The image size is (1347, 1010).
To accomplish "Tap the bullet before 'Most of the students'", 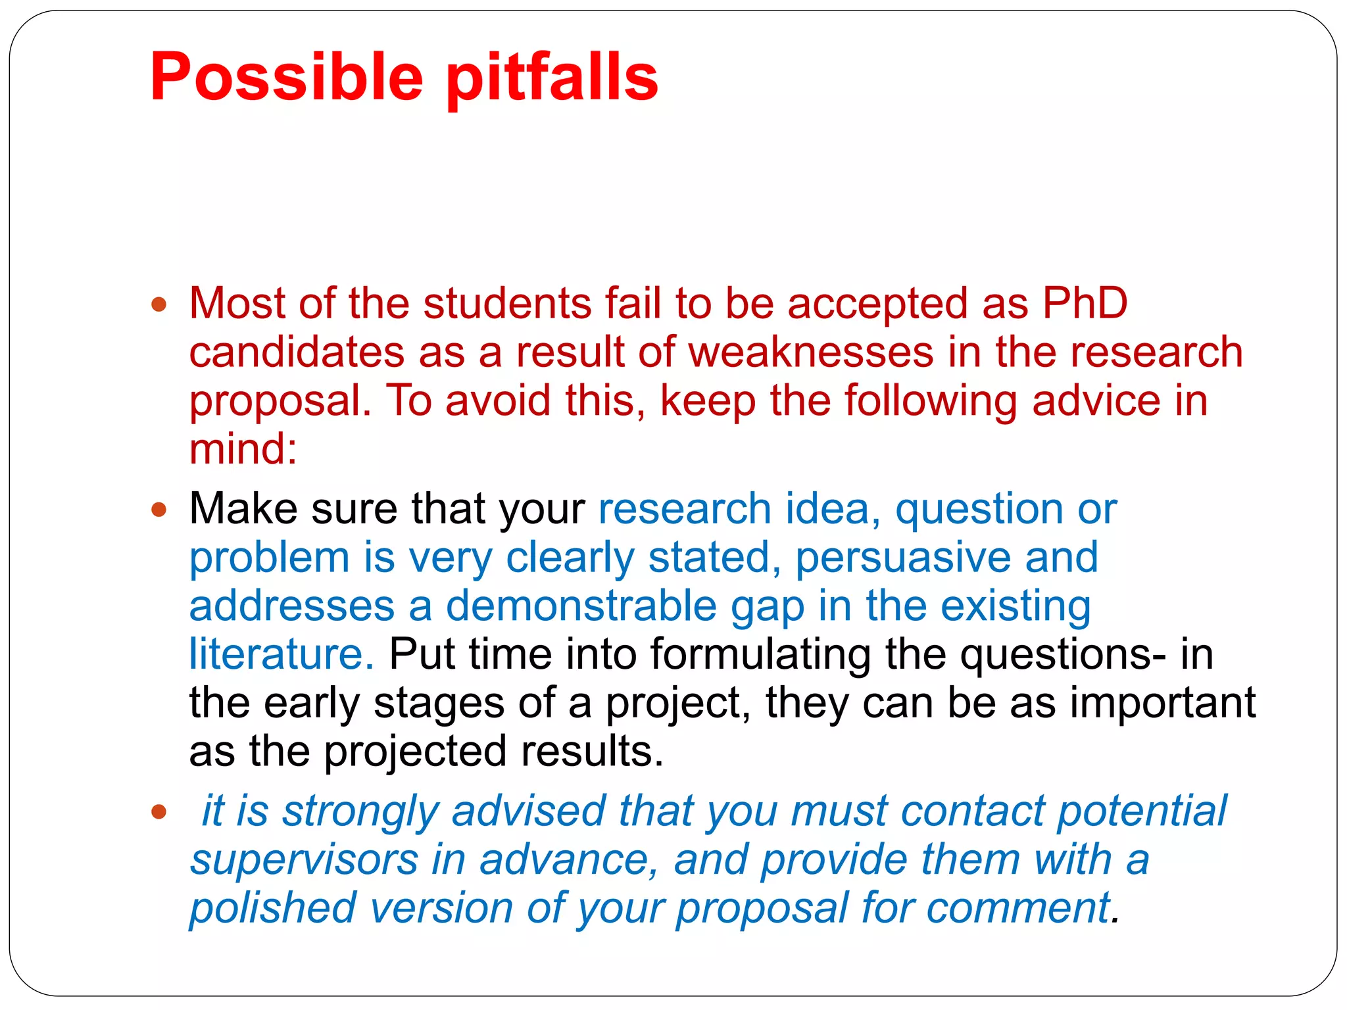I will (159, 304).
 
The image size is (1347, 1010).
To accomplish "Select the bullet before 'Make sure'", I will (159, 510).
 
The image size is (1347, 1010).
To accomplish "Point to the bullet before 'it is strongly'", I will (159, 811).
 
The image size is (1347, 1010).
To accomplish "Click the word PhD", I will (1085, 303).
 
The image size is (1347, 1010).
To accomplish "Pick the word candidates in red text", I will (297, 352).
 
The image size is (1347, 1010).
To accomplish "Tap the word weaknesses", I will (810, 352).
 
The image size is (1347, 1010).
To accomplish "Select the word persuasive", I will (904, 557).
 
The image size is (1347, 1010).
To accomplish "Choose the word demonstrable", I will (581, 606).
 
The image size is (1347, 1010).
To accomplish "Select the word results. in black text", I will (592, 751).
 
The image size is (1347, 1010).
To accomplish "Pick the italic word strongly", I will (361, 811).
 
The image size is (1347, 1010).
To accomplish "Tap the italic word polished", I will (272, 908).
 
